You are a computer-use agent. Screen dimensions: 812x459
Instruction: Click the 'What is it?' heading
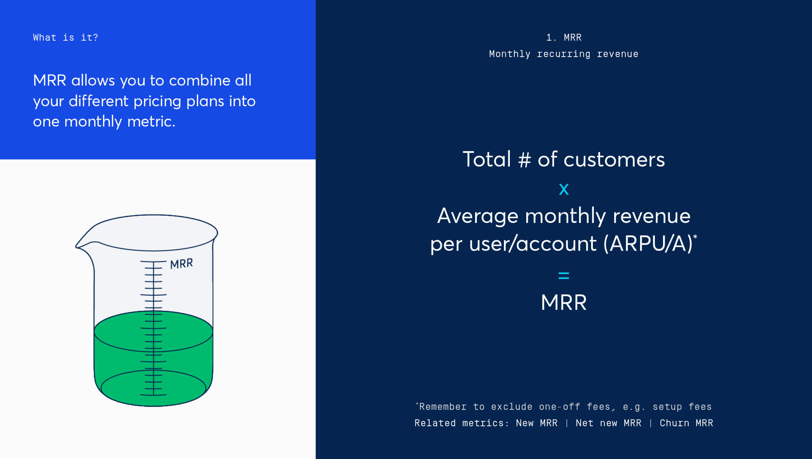[x=65, y=37]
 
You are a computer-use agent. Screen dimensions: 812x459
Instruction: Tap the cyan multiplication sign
[x=564, y=189]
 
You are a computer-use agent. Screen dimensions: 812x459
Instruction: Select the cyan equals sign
[x=564, y=276]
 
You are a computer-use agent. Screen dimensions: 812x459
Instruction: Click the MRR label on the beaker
[x=181, y=264]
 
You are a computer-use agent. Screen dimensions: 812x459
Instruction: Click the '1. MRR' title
[x=564, y=37]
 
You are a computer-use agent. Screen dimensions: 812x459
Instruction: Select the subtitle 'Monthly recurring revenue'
[x=564, y=54]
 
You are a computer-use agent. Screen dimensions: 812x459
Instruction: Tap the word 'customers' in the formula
[x=614, y=160]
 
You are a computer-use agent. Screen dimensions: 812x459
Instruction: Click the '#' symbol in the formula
[x=525, y=160]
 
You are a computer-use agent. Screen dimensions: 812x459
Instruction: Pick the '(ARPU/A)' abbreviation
[x=648, y=244]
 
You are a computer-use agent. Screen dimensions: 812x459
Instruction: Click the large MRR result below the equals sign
[x=564, y=302]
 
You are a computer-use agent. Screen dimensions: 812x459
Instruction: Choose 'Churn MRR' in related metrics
[x=686, y=423]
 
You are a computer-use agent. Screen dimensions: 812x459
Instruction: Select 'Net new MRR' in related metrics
[x=608, y=423]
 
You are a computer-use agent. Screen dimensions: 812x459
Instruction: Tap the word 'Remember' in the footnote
[x=443, y=407]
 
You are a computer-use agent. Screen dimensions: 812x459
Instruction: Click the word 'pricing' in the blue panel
[x=157, y=102]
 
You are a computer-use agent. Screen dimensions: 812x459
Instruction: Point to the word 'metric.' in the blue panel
[x=151, y=122]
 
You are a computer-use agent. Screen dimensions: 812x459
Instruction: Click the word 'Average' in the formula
[x=478, y=216]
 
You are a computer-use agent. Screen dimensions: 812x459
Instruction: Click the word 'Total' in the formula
[x=487, y=159]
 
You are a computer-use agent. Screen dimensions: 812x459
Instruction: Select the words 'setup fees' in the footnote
[x=682, y=407]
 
